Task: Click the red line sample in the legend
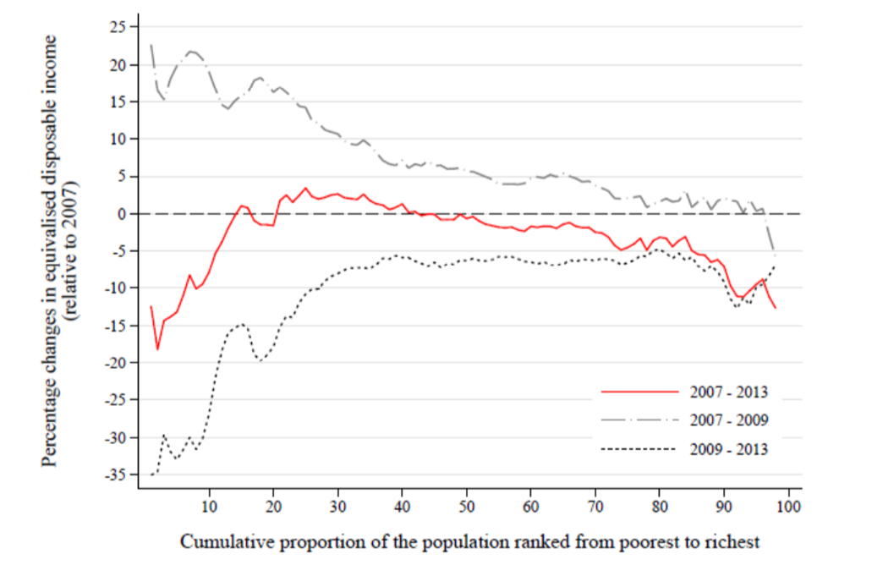click(639, 392)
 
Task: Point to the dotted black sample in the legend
click(639, 449)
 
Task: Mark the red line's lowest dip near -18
click(157, 348)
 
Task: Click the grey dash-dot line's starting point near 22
click(151, 45)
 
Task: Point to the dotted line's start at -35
click(151, 474)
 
